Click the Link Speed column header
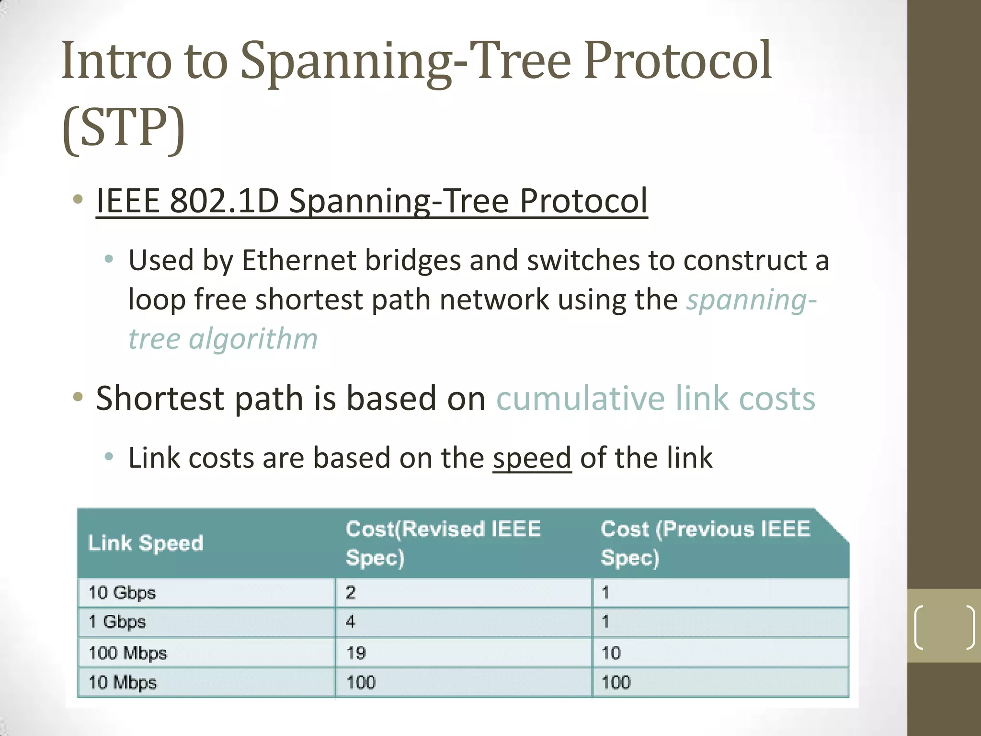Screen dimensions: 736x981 146,543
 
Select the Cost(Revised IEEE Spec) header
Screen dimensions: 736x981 443,543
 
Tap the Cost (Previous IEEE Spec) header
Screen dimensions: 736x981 705,543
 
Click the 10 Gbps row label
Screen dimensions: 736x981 122,593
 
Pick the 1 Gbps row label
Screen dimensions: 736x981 117,622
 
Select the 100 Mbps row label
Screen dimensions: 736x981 127,653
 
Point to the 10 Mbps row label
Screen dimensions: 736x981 123,682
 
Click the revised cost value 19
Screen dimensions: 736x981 356,653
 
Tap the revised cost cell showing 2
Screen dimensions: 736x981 351,593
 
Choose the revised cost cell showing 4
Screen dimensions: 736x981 351,622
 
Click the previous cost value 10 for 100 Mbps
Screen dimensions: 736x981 611,653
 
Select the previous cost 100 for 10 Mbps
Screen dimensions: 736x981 616,682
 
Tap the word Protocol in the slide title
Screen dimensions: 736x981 677,61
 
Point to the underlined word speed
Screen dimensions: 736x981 532,458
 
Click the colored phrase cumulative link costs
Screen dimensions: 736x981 655,398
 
